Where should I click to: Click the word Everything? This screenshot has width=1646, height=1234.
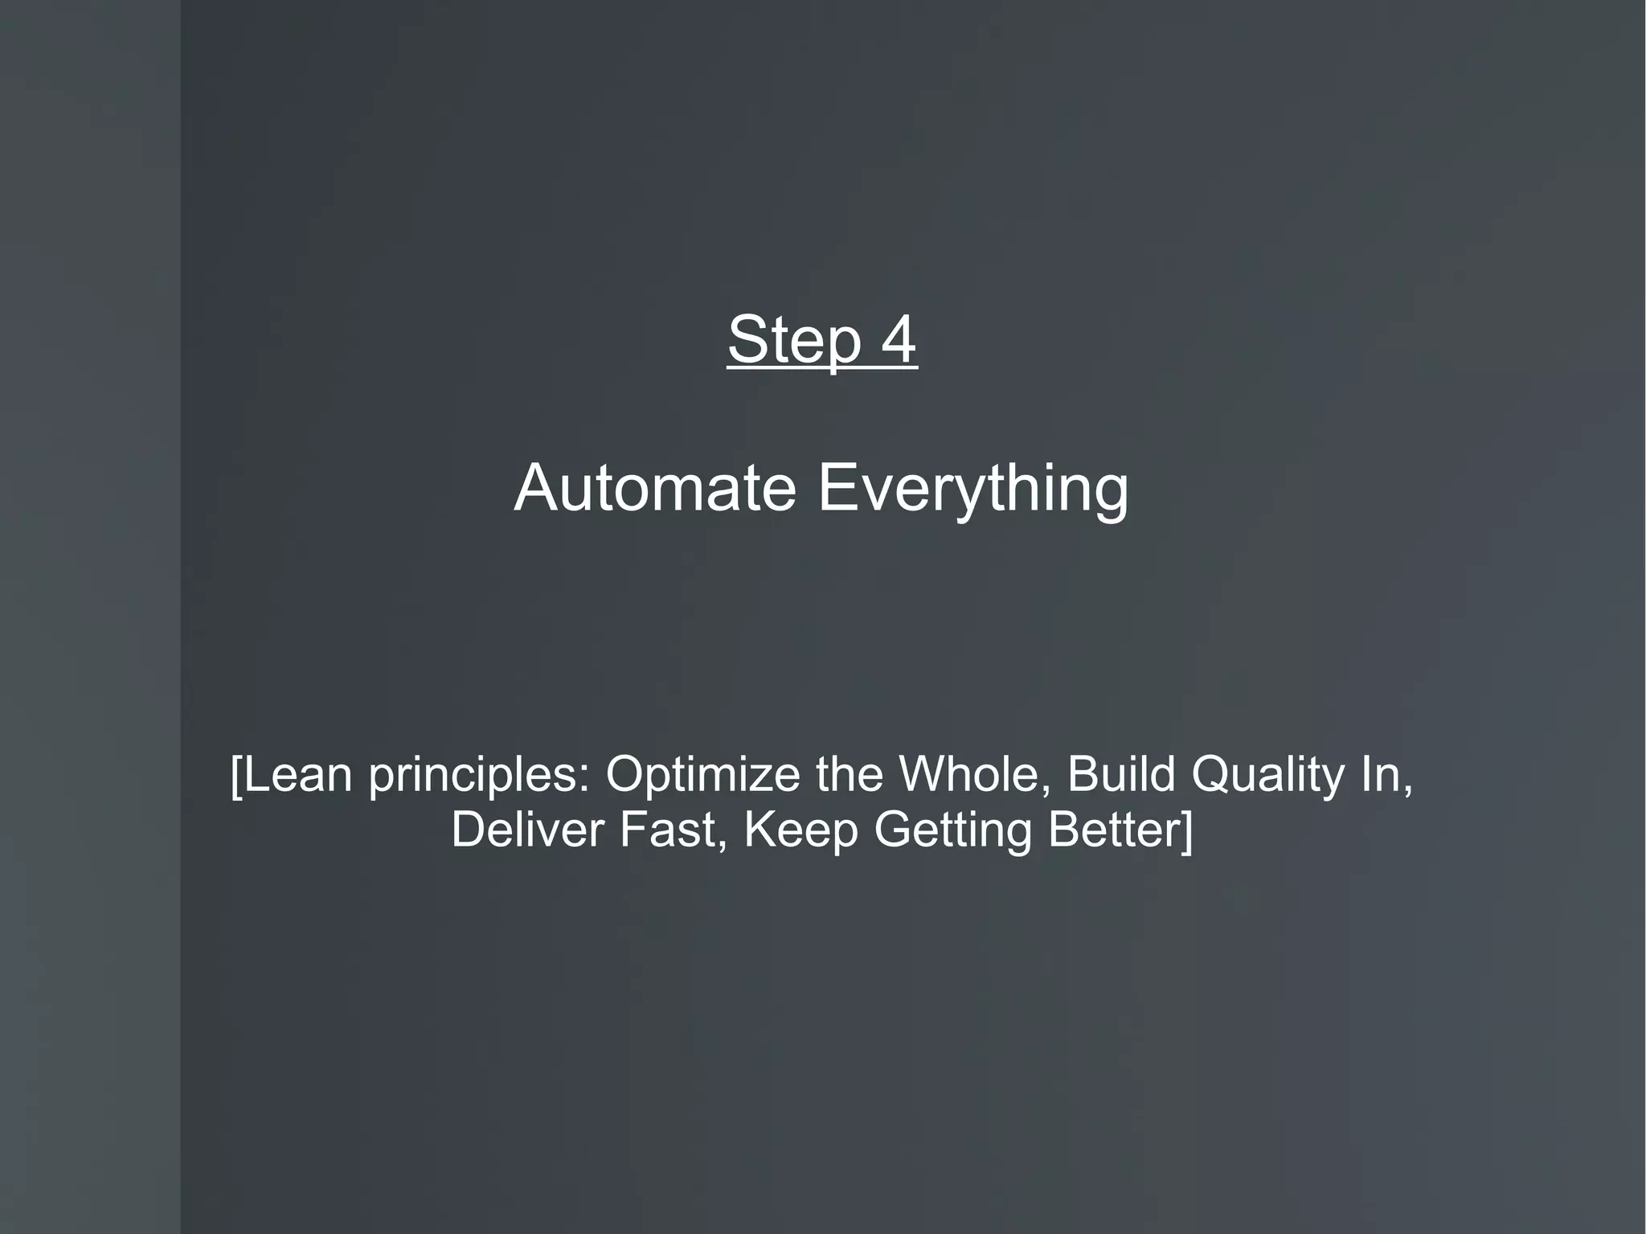point(973,490)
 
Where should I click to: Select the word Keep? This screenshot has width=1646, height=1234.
point(801,831)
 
